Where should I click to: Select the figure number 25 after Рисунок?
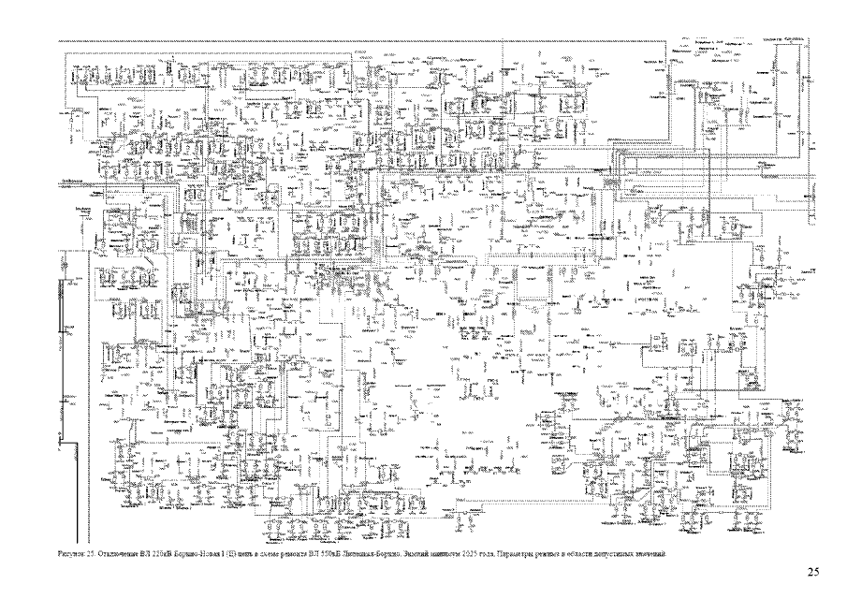pyautogui.click(x=89, y=554)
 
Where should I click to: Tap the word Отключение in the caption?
pyautogui.click(x=116, y=554)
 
